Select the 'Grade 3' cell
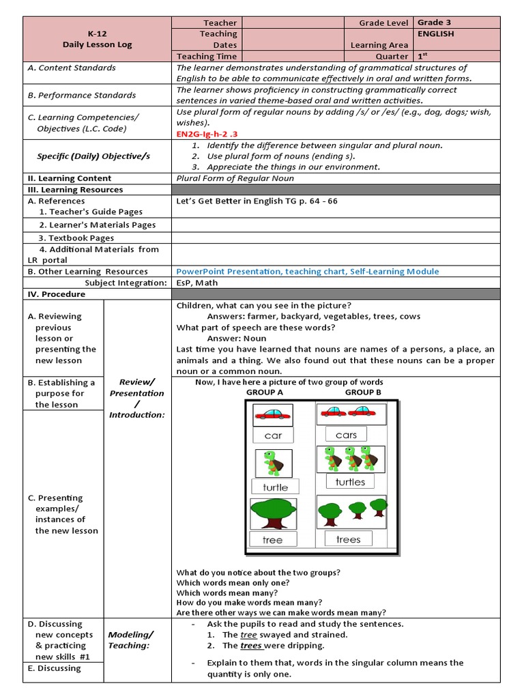(433, 23)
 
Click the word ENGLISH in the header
(435, 33)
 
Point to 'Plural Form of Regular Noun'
(235, 178)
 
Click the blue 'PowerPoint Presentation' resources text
(308, 271)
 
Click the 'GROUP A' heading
(265, 393)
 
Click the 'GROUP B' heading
(364, 393)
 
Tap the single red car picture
(273, 414)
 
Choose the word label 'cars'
(346, 435)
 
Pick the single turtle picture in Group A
(272, 462)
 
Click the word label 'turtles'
(350, 482)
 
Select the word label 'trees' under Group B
(348, 539)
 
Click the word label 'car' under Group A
(273, 436)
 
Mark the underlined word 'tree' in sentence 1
(248, 634)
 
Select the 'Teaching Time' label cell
(207, 57)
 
